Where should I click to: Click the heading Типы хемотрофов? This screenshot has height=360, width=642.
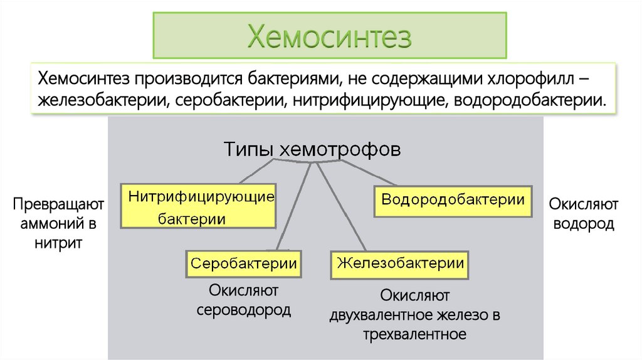[312, 151]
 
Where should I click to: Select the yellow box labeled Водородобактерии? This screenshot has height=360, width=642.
[453, 200]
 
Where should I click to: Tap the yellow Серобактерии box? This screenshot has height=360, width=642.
[243, 263]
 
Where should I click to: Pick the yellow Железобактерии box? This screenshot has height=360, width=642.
[401, 263]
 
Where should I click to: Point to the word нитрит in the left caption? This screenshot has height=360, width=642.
[58, 243]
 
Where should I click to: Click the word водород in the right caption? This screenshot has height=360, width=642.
[583, 223]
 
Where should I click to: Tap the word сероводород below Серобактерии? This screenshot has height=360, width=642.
[243, 310]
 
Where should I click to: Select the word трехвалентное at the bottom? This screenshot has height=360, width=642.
[414, 334]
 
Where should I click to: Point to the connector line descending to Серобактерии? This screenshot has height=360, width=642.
[293, 207]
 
